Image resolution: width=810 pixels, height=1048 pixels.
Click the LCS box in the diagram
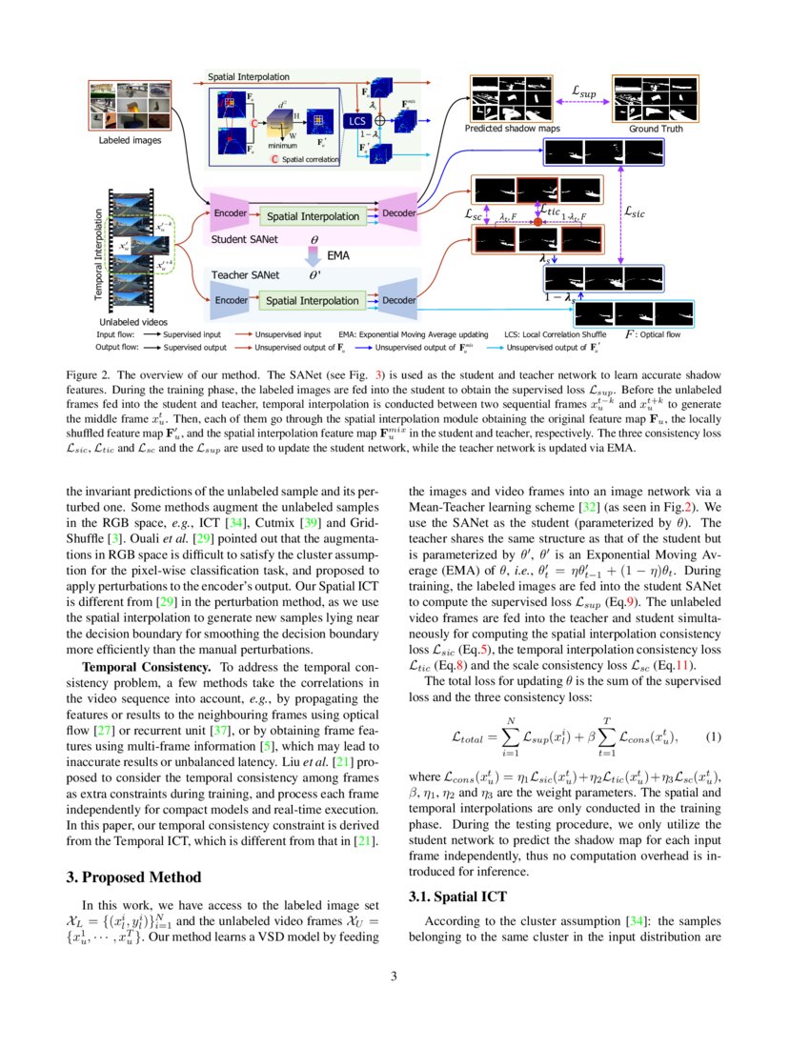pos(357,121)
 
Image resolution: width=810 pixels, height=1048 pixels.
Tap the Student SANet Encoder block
pos(231,213)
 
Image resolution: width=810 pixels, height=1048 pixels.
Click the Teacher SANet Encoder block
pos(231,300)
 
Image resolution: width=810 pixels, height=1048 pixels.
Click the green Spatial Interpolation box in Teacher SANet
pos(313,301)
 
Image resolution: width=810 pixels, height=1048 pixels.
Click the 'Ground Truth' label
pos(656,129)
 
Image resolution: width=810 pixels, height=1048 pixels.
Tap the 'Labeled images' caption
pos(130,140)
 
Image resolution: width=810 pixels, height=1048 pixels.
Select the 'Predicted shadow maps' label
pos(512,129)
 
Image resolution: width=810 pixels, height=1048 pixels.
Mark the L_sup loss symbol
pos(583,92)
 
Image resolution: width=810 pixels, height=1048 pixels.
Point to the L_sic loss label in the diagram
pos(634,214)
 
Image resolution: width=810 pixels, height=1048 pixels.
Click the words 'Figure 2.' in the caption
pos(91,373)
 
